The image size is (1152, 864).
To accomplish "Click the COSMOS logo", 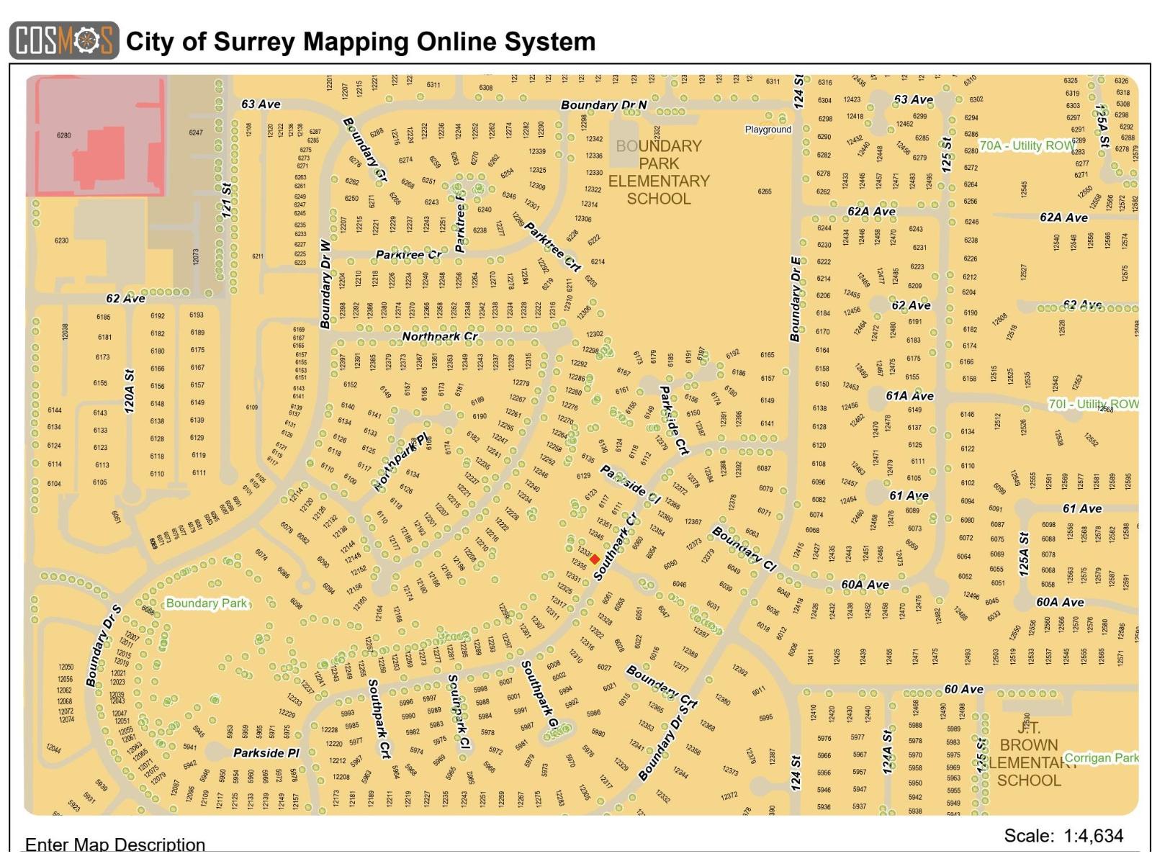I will [x=64, y=40].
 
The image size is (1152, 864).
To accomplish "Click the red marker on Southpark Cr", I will [x=595, y=559].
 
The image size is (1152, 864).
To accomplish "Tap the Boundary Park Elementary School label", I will [x=658, y=172].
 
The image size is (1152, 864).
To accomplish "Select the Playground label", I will [x=768, y=130].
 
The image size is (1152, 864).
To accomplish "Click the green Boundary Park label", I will [x=207, y=603].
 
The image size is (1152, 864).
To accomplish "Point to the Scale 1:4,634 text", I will [x=1063, y=836].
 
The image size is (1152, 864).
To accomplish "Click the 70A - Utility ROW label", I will [x=1027, y=145].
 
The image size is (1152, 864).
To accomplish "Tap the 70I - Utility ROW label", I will [x=1093, y=404].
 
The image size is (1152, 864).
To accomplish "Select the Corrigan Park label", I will [x=1101, y=757].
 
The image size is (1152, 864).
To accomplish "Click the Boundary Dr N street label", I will [x=603, y=105].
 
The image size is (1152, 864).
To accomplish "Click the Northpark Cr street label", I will [x=439, y=336].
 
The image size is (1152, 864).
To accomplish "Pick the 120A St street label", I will [x=130, y=392].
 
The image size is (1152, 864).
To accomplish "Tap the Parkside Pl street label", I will [x=266, y=753].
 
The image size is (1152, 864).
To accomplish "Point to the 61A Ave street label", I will [x=909, y=396].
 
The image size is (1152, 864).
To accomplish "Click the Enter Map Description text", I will [x=115, y=844].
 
